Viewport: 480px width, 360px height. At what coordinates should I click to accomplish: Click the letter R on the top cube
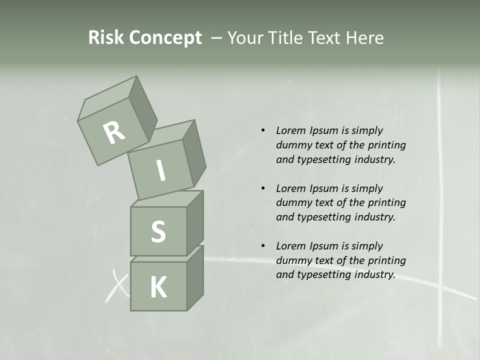(114, 132)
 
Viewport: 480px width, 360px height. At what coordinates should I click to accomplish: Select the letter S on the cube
(158, 231)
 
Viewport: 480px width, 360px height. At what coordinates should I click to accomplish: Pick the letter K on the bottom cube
(158, 287)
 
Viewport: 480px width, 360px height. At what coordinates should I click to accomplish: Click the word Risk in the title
(105, 37)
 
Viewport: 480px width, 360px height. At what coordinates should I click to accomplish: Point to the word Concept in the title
(165, 38)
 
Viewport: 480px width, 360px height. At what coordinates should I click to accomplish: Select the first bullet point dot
(263, 130)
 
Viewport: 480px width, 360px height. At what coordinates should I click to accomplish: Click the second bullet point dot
(263, 188)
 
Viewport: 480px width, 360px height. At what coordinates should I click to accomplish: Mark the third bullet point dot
(263, 246)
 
